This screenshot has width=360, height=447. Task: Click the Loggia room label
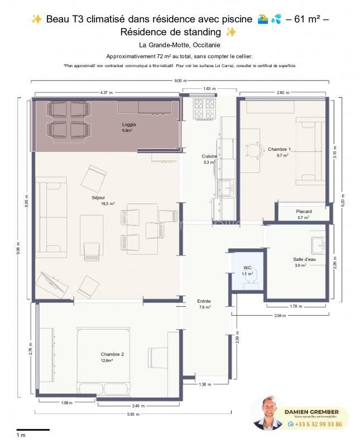tap(129, 124)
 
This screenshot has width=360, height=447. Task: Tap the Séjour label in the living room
tap(98, 198)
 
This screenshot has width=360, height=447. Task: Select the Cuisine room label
tap(209, 156)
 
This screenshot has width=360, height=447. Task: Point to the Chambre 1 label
tap(279, 149)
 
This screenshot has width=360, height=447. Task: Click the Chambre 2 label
tap(112, 355)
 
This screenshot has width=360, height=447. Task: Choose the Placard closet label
tap(304, 211)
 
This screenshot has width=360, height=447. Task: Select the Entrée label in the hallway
tap(204, 301)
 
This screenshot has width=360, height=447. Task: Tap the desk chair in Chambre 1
tap(257, 150)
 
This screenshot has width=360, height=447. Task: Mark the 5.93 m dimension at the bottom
tap(134, 414)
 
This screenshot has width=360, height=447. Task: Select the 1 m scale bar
tap(33, 430)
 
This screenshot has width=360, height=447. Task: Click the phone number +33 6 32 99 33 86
tap(318, 425)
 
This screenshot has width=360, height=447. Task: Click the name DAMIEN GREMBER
tap(315, 412)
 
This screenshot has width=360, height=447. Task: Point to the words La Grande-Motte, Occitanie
tap(179, 45)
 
